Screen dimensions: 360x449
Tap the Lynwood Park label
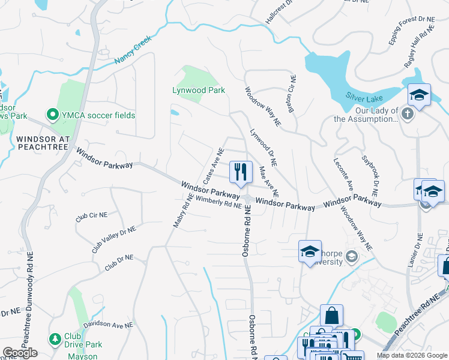(x=199, y=90)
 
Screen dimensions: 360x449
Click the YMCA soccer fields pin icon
(x=52, y=115)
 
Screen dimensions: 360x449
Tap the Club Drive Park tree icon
(x=55, y=339)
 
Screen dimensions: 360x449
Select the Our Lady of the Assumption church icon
(x=408, y=113)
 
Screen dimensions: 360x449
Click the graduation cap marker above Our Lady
(x=419, y=95)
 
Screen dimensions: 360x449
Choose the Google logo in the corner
(x=20, y=353)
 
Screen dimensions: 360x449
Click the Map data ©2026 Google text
(x=411, y=355)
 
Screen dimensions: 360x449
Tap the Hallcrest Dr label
(x=279, y=11)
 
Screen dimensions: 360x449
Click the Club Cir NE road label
(x=91, y=217)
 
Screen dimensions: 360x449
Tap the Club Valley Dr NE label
(x=113, y=239)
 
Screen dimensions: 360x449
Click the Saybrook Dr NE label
(x=369, y=176)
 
